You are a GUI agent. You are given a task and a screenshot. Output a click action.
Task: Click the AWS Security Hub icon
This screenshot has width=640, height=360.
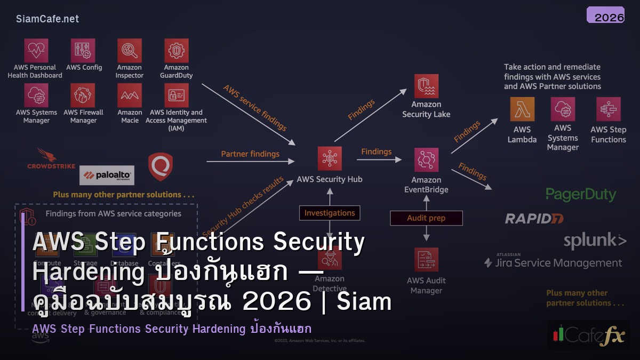click(x=330, y=158)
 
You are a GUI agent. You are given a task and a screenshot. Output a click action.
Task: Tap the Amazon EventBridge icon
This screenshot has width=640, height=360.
click(x=426, y=160)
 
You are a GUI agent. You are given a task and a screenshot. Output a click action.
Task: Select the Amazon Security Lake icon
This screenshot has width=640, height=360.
click(x=426, y=86)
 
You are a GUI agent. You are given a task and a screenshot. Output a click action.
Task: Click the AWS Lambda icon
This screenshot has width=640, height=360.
click(x=522, y=109)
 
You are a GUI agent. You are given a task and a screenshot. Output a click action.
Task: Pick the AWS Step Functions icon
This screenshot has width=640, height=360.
click(x=608, y=109)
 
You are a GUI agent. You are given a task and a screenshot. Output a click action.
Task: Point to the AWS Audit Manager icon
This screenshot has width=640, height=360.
click(x=426, y=260)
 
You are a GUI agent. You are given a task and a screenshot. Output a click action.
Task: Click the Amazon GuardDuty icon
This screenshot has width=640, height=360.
click(x=176, y=51)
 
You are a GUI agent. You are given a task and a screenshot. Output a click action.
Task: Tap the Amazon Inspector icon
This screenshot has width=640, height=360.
click(x=130, y=51)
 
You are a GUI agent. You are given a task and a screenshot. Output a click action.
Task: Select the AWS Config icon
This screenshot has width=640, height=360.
click(x=83, y=51)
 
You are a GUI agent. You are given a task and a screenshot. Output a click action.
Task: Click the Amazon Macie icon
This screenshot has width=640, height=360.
click(x=130, y=96)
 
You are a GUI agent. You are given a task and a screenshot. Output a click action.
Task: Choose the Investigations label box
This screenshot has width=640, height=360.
click(x=330, y=213)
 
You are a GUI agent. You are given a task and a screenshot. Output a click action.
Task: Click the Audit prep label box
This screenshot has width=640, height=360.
click(x=426, y=218)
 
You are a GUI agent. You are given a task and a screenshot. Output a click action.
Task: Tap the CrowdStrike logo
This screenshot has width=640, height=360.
click(x=51, y=159)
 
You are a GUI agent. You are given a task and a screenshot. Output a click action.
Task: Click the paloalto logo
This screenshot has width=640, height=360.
click(x=107, y=175)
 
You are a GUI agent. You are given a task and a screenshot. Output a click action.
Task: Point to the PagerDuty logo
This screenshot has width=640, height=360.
click(x=581, y=195)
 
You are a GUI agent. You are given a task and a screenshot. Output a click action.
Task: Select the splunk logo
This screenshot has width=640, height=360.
click(x=595, y=241)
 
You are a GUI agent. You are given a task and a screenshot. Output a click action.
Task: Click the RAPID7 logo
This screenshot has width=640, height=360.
click(x=534, y=218)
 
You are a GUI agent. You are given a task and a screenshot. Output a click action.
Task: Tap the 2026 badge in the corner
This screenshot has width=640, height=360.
click(x=605, y=15)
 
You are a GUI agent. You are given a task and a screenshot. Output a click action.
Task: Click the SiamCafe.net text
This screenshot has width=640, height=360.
click(x=47, y=19)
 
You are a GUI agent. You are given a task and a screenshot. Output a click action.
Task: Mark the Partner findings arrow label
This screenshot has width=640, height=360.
click(x=250, y=154)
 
